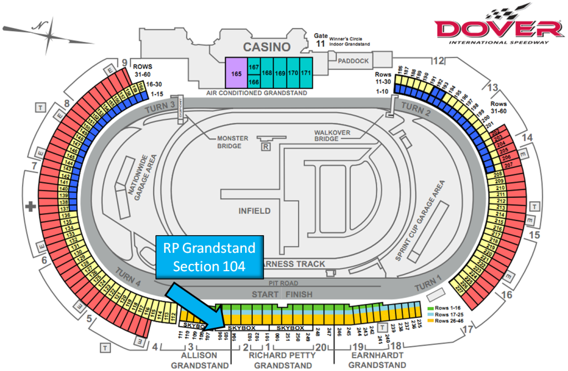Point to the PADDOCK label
tap(352, 61)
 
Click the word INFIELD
tap(255, 211)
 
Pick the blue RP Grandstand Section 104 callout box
tap(209, 257)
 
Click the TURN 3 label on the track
tap(160, 108)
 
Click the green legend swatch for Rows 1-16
tap(430, 307)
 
